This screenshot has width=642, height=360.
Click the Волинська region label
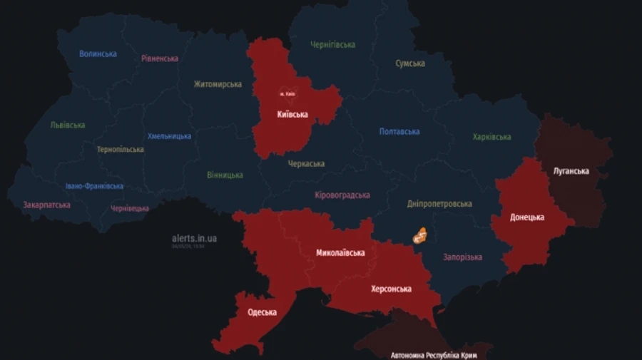[x=98, y=53]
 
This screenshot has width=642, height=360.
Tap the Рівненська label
[x=160, y=58]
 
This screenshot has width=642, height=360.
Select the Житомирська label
[x=218, y=84]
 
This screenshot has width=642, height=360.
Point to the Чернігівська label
[x=332, y=45]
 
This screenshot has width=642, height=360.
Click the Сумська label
[x=410, y=63]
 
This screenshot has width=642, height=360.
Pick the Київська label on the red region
[x=292, y=114]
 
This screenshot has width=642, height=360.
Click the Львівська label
[x=68, y=125]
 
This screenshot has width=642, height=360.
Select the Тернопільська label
[x=121, y=150]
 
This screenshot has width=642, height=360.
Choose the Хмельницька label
[x=169, y=136]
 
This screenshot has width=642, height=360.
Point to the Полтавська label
[x=399, y=131]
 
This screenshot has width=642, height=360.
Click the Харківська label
[x=491, y=137]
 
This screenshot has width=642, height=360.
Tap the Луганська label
[x=571, y=171]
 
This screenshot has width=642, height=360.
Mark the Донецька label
[x=527, y=217]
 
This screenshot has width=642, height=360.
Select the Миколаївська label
[x=340, y=253]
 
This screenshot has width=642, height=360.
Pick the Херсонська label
[x=391, y=289]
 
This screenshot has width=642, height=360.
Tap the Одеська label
[x=262, y=312]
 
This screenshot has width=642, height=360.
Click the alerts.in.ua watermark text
[x=194, y=238]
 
